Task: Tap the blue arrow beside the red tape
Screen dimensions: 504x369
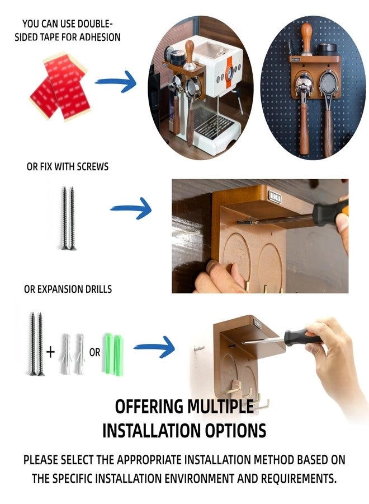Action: coord(116,82)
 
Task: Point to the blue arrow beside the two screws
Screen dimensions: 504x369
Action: coord(131,209)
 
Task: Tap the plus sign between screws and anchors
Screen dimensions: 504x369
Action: coord(51,352)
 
